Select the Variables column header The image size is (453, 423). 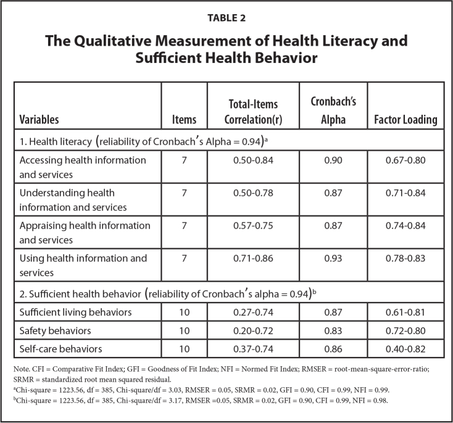tap(44, 120)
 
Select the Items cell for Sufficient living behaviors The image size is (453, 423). tap(184, 312)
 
